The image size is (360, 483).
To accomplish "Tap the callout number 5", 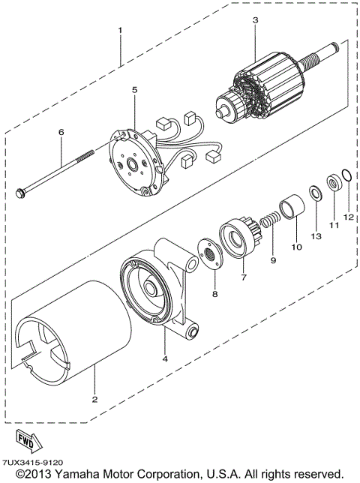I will click(x=134, y=90).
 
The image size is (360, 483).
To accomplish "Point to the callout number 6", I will click(x=61, y=132).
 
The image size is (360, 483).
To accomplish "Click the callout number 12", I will click(x=347, y=217).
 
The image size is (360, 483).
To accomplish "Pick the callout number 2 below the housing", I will click(x=95, y=398).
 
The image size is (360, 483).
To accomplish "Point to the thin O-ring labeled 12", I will click(x=345, y=177).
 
